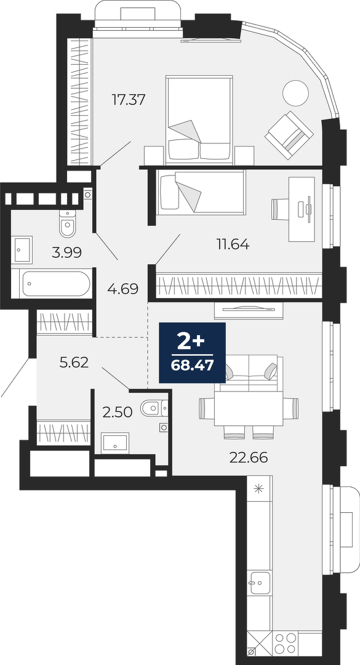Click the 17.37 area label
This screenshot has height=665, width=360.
click(x=129, y=100)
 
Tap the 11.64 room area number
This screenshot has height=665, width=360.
click(x=232, y=244)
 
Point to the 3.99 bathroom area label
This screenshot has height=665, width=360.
click(x=66, y=253)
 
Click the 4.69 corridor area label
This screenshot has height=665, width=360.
click(x=123, y=289)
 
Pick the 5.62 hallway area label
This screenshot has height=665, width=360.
click(x=74, y=363)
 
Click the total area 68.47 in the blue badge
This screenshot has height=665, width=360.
click(x=192, y=365)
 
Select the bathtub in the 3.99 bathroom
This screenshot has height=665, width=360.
click(x=57, y=283)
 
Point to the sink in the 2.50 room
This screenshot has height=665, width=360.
click(x=115, y=443)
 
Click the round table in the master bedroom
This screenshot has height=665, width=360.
click(x=295, y=92)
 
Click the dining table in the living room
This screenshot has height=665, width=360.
click(x=249, y=408)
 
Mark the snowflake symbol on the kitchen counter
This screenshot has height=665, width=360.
click(x=258, y=489)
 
